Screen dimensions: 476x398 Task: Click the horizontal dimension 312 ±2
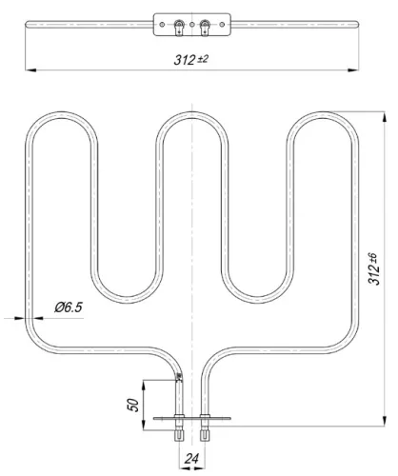coord(190,59)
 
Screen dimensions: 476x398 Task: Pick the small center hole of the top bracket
coord(191,22)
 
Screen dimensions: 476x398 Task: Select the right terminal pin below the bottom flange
coord(203,436)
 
